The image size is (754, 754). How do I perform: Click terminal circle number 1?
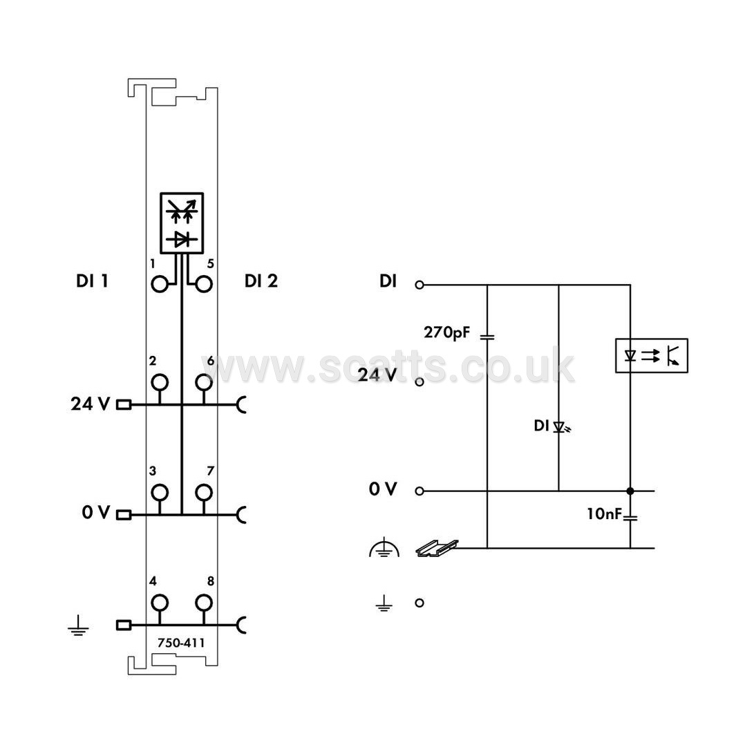160,284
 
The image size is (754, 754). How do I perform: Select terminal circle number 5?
204,284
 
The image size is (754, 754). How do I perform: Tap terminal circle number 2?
160,382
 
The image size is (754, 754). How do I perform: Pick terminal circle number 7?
204,492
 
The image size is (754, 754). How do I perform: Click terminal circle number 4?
160,603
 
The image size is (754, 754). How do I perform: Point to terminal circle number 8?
204,603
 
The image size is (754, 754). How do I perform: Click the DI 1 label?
92,281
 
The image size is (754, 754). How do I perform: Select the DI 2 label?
261,281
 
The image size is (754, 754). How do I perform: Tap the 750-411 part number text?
181,643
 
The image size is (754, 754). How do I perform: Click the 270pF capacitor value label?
446,332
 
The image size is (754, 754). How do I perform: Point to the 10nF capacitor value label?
605,514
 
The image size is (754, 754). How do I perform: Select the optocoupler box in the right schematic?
652,356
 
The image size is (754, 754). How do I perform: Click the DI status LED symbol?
560,427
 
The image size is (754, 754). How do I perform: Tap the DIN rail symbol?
437,548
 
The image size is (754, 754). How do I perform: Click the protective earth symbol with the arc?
384,549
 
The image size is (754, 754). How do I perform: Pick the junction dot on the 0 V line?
630,491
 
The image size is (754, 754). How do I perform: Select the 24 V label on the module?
91,404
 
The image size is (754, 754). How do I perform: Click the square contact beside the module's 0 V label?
124,515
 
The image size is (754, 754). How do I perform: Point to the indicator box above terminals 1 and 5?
182,223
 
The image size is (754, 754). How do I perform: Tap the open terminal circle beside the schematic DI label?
420,285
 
